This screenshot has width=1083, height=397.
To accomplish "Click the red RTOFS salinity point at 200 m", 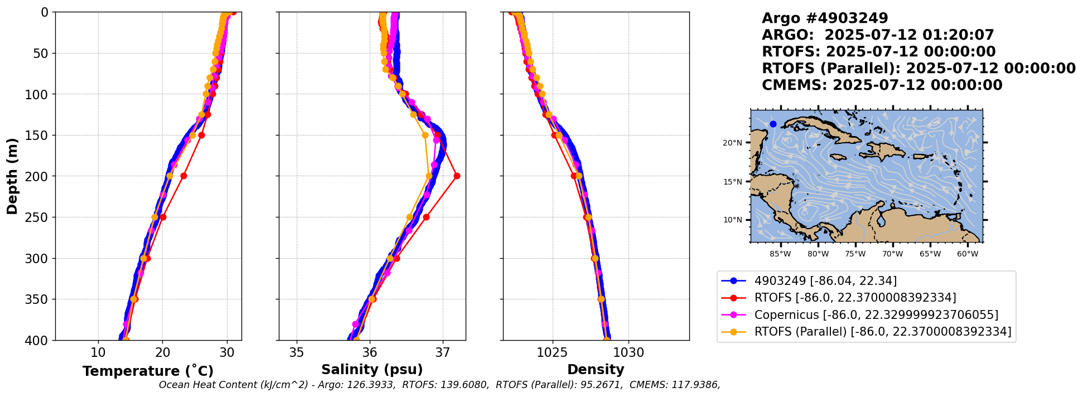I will point(457,176).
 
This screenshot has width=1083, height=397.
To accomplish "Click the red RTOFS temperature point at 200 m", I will point(183,176).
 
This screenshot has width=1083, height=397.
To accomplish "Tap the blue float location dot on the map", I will point(773,124).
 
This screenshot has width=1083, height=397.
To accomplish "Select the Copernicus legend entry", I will point(876,315).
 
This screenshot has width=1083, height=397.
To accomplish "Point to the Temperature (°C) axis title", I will point(148,371).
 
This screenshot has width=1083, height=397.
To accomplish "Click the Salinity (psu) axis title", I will point(372,370).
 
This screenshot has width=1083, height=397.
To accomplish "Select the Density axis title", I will point(596,370).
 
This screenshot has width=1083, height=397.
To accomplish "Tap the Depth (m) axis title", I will point(12,176).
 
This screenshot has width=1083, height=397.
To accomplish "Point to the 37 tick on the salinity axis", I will point(443,353).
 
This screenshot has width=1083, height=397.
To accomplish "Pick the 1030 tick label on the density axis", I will point(628,353).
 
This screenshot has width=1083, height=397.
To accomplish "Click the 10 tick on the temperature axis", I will point(98,353).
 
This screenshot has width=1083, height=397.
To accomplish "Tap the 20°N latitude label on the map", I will point(732,143).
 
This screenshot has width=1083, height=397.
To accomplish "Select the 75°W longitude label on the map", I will point(855,254).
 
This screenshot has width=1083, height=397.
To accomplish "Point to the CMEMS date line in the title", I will point(882,85).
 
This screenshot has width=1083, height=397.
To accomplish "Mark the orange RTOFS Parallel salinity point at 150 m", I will point(425,135).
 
